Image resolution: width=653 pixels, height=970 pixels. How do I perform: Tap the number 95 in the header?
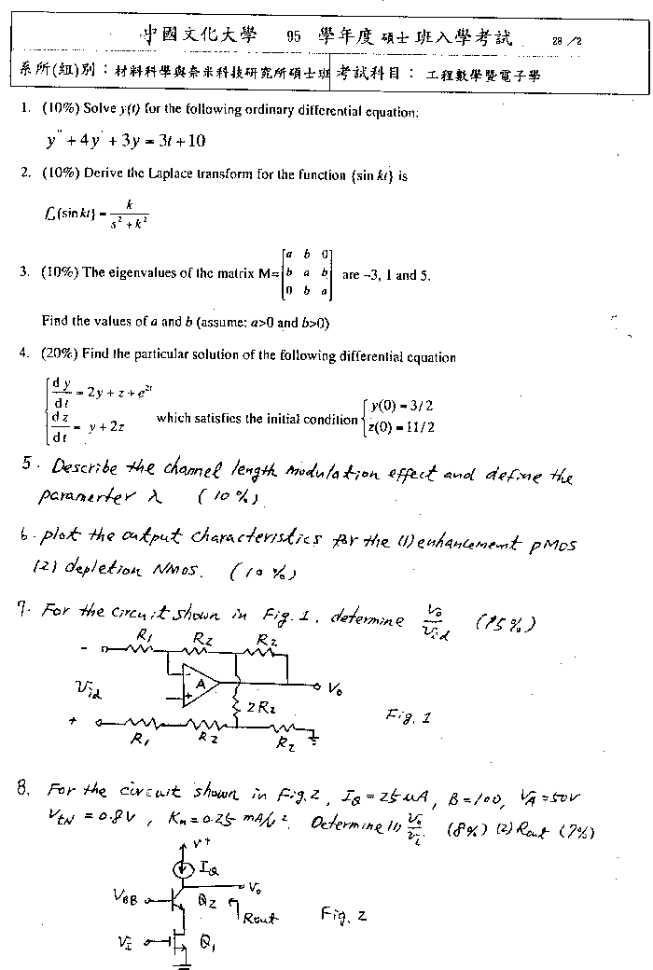294,37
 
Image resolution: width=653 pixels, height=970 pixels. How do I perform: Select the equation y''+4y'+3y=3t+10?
125,142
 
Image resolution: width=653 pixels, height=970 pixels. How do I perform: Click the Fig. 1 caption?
409,715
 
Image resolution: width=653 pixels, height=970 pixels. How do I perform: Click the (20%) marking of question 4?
61,355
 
